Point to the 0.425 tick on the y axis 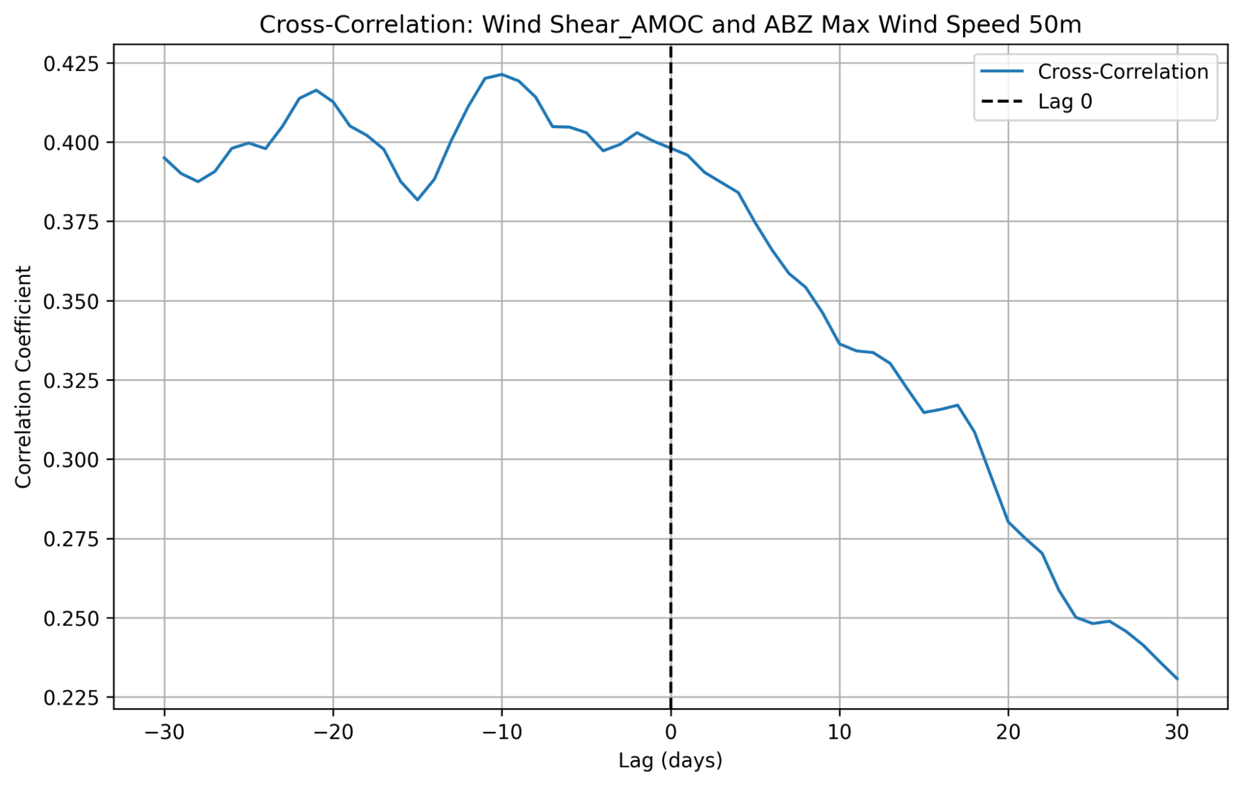point(71,63)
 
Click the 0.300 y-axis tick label point(71,460)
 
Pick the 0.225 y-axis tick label point(71,698)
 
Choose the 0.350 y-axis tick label point(71,302)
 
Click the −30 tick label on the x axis point(164,733)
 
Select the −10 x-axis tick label point(501,733)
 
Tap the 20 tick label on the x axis point(1008,733)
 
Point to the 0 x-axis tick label point(670,733)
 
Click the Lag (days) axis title point(670,761)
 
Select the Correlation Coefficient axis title point(23,377)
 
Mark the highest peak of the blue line point(501,75)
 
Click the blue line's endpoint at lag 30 point(1177,678)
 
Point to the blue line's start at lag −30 point(164,157)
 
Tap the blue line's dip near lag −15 point(418,200)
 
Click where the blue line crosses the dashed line point(670,149)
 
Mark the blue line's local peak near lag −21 point(316,90)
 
